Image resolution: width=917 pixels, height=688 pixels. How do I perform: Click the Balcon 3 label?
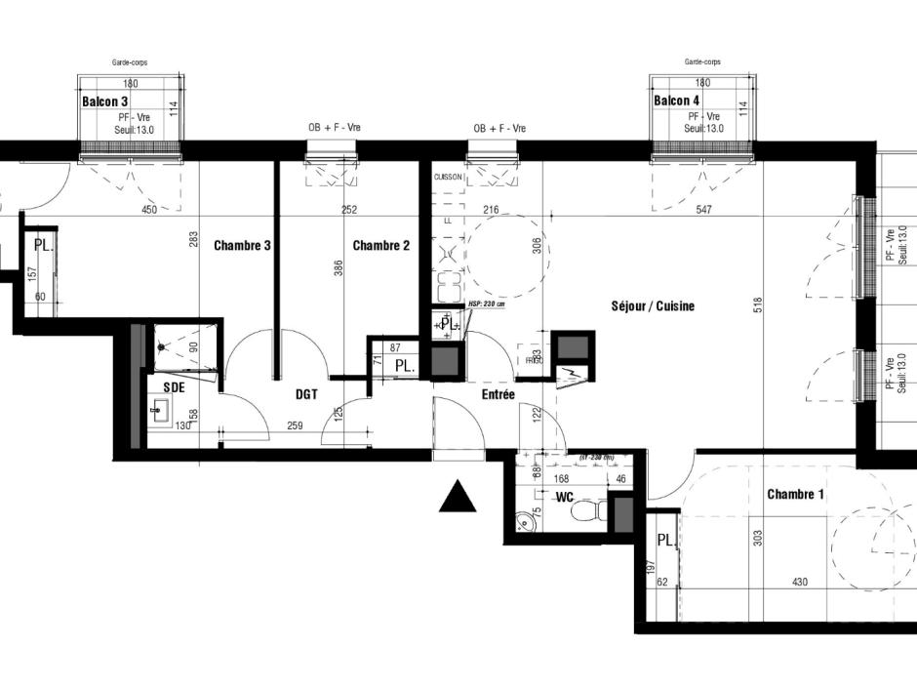[104, 101]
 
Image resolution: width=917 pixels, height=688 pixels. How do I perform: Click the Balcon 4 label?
[676, 101]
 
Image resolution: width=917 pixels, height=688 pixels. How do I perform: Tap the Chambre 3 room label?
[242, 246]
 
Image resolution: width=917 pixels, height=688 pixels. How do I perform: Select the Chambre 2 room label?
[380, 246]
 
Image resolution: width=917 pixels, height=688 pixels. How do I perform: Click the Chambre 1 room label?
[795, 495]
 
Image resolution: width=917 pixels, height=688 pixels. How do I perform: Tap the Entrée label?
[498, 394]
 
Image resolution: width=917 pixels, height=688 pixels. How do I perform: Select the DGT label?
[309, 394]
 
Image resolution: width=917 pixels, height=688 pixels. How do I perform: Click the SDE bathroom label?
[175, 387]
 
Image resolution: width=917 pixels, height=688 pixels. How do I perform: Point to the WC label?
[564, 498]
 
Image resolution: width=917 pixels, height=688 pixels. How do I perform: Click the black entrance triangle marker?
[458, 498]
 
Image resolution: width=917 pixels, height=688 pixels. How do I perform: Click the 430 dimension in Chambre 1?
[800, 583]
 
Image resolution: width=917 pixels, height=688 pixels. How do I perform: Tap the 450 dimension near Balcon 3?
[149, 210]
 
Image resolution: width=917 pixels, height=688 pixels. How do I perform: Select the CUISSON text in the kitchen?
[448, 178]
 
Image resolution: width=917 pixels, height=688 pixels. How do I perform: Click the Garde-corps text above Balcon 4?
[702, 61]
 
